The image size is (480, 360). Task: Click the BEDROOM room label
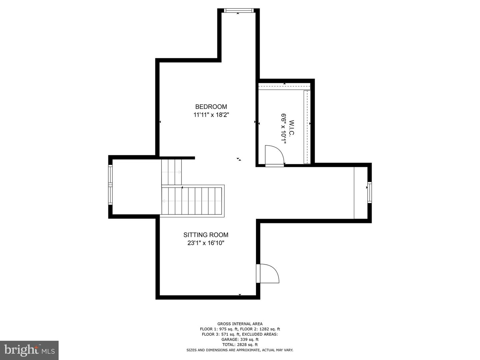pos(211,107)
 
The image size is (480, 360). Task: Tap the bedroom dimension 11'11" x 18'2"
pos(211,115)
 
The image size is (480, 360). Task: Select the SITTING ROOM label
pos(206,235)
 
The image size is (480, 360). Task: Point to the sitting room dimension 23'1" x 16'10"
pos(206,243)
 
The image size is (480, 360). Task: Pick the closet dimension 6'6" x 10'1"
pos(284,128)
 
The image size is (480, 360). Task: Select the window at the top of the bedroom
pos(239,10)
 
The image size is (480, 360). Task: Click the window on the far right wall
pos(369,192)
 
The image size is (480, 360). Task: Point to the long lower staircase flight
pos(192,201)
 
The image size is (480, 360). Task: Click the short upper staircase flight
pos(171,172)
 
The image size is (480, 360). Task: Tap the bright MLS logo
pos(29,350)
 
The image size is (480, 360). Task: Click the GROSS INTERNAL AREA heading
pos(240,324)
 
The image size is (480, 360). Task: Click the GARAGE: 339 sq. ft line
pos(240,339)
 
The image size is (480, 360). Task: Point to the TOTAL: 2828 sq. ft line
pos(240,345)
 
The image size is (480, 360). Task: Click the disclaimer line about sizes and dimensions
pos(240,350)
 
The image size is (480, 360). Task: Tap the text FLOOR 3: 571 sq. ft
pos(221,334)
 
